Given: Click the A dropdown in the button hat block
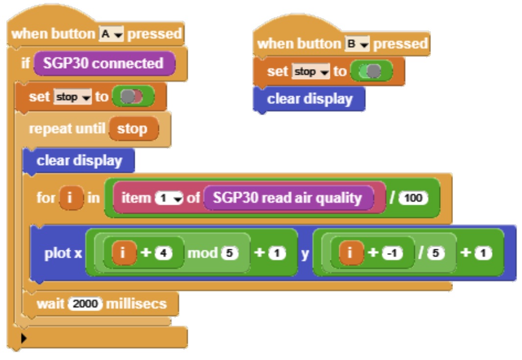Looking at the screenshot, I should point(111,34).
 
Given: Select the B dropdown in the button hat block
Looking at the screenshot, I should point(357,44).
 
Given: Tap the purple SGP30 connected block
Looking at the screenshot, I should point(103,64).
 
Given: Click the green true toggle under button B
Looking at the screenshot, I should point(371,72).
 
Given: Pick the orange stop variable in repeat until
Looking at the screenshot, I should point(133,129).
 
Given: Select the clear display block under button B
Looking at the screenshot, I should point(309,99).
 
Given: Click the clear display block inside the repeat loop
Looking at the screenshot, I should point(79,161).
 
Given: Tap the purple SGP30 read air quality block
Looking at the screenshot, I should point(288,198).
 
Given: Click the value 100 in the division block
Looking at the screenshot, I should point(414,198).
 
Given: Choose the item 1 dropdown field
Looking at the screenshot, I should point(169,198).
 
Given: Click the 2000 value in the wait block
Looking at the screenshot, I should point(85,304).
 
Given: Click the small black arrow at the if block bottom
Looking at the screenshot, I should point(24,338).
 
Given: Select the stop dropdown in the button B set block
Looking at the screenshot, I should point(311,72).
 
